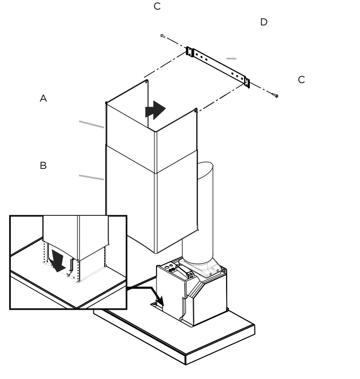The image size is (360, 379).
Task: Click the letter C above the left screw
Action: (157, 6)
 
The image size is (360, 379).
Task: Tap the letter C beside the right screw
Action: (301, 80)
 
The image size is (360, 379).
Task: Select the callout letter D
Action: (263, 22)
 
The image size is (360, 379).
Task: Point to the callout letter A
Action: (44, 98)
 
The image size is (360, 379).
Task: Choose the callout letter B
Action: (44, 165)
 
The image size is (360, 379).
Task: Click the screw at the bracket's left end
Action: (163, 36)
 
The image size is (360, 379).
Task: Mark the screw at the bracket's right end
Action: (276, 96)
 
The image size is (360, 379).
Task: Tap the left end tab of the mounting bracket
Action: (190, 53)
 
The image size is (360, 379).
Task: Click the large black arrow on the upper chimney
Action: (155, 110)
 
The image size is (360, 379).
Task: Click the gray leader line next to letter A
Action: (91, 124)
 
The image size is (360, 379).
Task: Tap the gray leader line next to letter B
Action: (91, 178)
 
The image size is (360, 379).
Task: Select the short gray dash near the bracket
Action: (231, 58)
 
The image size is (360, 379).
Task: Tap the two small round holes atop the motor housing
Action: (170, 265)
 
